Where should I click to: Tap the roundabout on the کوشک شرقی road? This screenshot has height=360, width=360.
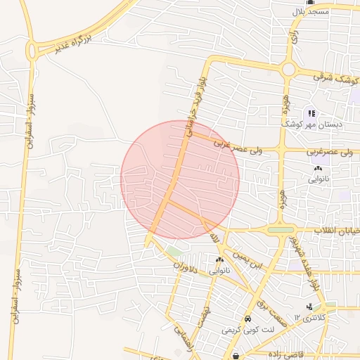[x=288, y=70]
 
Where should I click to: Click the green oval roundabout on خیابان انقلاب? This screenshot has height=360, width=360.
[x=281, y=229]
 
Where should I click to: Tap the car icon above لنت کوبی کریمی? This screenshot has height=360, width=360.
[x=247, y=319]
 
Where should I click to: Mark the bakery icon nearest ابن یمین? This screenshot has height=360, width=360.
[x=219, y=260]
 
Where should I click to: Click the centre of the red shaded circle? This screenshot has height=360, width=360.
[x=180, y=180]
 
